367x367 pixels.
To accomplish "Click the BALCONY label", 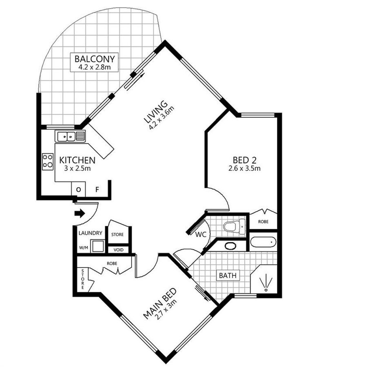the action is coord(95,59).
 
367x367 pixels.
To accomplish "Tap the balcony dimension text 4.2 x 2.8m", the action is coord(95,68).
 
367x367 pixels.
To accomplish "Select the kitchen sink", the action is coord(70,136).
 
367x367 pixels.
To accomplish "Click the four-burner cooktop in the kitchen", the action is coord(48,162).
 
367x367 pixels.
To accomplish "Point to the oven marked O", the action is coord(78,189).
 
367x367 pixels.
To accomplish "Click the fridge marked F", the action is coord(97,189).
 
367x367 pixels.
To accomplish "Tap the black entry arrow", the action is coord(80,213).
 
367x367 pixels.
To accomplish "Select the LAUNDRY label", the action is coord(91,233).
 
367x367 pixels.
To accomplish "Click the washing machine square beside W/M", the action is coord(97,246).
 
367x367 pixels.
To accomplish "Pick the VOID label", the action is coord(118,250).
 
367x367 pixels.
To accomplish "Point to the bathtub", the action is coord(263,242).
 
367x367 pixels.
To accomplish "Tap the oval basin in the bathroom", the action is coord(230,246).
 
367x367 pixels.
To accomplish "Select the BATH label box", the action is coord(228,276).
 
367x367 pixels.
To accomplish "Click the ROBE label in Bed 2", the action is coord(263,221).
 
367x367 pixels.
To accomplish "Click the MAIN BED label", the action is coord(159,303).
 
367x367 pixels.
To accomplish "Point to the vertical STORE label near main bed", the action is coord(82,279).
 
